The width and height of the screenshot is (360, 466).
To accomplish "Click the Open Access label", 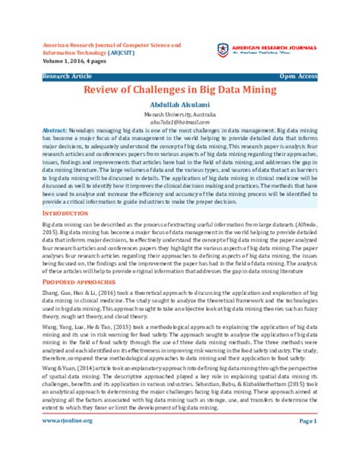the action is pyautogui.click(x=298, y=77).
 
